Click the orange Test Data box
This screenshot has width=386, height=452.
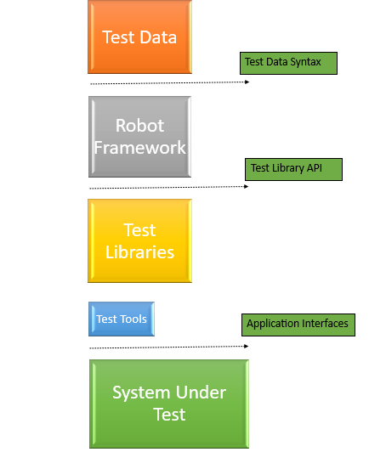click(x=140, y=37)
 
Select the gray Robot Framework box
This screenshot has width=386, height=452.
click(x=140, y=137)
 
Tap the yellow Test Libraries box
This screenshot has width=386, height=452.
click(x=140, y=240)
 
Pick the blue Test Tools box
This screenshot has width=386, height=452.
click(x=122, y=319)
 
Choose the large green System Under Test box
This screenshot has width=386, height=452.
click(x=169, y=404)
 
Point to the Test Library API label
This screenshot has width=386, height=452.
click(x=293, y=169)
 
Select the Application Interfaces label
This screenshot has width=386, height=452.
click(x=298, y=325)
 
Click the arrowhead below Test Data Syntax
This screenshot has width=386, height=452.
click(x=247, y=82)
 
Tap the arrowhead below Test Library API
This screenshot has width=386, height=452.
click(x=247, y=187)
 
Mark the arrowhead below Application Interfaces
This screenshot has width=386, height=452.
click(x=247, y=346)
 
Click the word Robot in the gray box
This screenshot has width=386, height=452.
click(x=140, y=126)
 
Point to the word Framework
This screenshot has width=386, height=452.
click(x=140, y=148)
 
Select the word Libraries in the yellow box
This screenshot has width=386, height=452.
click(x=140, y=252)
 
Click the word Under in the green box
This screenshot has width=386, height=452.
click(x=201, y=393)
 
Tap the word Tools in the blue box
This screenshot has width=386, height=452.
click(x=133, y=319)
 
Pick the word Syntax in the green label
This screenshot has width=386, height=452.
click(x=306, y=62)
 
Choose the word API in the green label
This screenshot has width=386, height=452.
click(x=315, y=167)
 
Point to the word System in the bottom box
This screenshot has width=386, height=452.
click(x=141, y=393)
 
